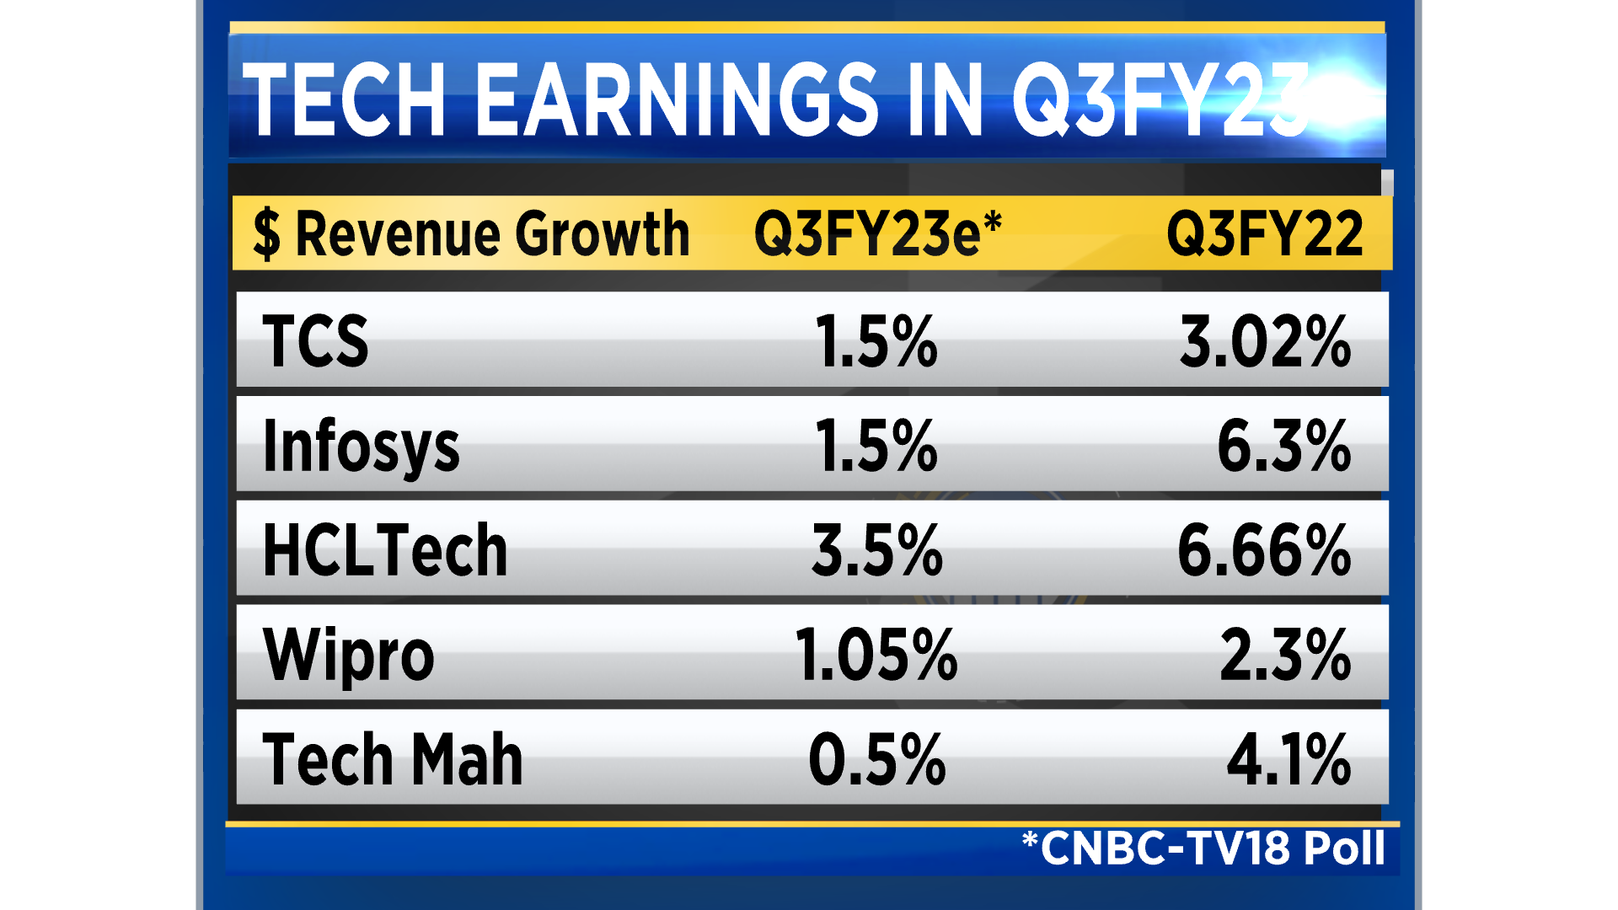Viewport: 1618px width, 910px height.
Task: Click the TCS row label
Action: click(x=315, y=340)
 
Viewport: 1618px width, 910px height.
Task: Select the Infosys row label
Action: click(x=361, y=446)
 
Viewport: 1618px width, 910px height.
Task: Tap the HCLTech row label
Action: click(x=385, y=550)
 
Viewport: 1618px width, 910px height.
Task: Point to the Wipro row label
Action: click(x=348, y=655)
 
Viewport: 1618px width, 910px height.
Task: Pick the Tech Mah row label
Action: click(x=393, y=759)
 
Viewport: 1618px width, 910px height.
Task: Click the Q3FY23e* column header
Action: click(x=877, y=233)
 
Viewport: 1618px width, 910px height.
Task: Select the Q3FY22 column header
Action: click(x=1264, y=233)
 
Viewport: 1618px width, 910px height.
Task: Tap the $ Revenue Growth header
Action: click(x=471, y=233)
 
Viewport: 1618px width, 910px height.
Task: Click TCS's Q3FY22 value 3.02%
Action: click(x=1265, y=341)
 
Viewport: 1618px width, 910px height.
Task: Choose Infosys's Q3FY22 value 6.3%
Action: click(x=1283, y=446)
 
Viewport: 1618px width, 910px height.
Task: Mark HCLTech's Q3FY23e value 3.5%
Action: click(x=876, y=550)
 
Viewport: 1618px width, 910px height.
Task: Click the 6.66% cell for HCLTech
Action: click(x=1264, y=550)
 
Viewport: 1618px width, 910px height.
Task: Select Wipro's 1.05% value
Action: click(x=876, y=655)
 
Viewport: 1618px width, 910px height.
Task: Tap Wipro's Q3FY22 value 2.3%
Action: click(x=1285, y=655)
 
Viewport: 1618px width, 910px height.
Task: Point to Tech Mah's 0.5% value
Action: click(x=876, y=759)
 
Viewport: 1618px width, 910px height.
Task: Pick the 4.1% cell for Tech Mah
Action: click(x=1289, y=759)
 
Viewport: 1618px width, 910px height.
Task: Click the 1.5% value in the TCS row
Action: click(x=876, y=341)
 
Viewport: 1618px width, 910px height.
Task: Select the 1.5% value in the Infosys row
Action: click(x=876, y=446)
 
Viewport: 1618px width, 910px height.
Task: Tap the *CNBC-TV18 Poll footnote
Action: click(x=1203, y=848)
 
